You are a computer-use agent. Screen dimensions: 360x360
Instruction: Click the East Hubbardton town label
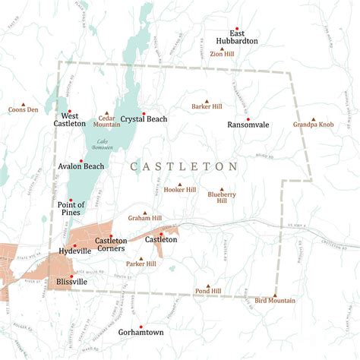click(236, 36)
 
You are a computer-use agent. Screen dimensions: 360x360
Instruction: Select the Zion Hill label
click(222, 54)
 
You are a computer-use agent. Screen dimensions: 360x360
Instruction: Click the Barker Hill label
click(207, 107)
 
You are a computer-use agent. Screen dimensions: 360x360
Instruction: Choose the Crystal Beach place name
click(144, 119)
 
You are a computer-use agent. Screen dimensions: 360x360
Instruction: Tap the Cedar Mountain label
click(106, 120)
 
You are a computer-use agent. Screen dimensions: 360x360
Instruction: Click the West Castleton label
click(69, 119)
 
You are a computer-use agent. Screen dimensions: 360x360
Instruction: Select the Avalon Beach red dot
click(81, 159)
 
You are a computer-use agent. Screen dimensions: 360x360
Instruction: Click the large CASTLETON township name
click(184, 166)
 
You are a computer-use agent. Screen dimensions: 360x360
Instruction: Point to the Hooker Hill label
click(180, 190)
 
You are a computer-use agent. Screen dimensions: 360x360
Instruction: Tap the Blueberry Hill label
click(222, 197)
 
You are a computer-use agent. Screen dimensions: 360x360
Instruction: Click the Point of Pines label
click(71, 208)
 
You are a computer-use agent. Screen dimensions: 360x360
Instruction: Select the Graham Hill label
click(144, 218)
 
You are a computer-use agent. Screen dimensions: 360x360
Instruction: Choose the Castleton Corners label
click(111, 245)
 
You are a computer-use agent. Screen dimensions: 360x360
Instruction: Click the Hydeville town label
click(74, 250)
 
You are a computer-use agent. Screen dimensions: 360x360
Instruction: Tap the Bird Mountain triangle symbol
click(275, 294)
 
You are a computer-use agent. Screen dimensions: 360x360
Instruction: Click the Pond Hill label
click(207, 291)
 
